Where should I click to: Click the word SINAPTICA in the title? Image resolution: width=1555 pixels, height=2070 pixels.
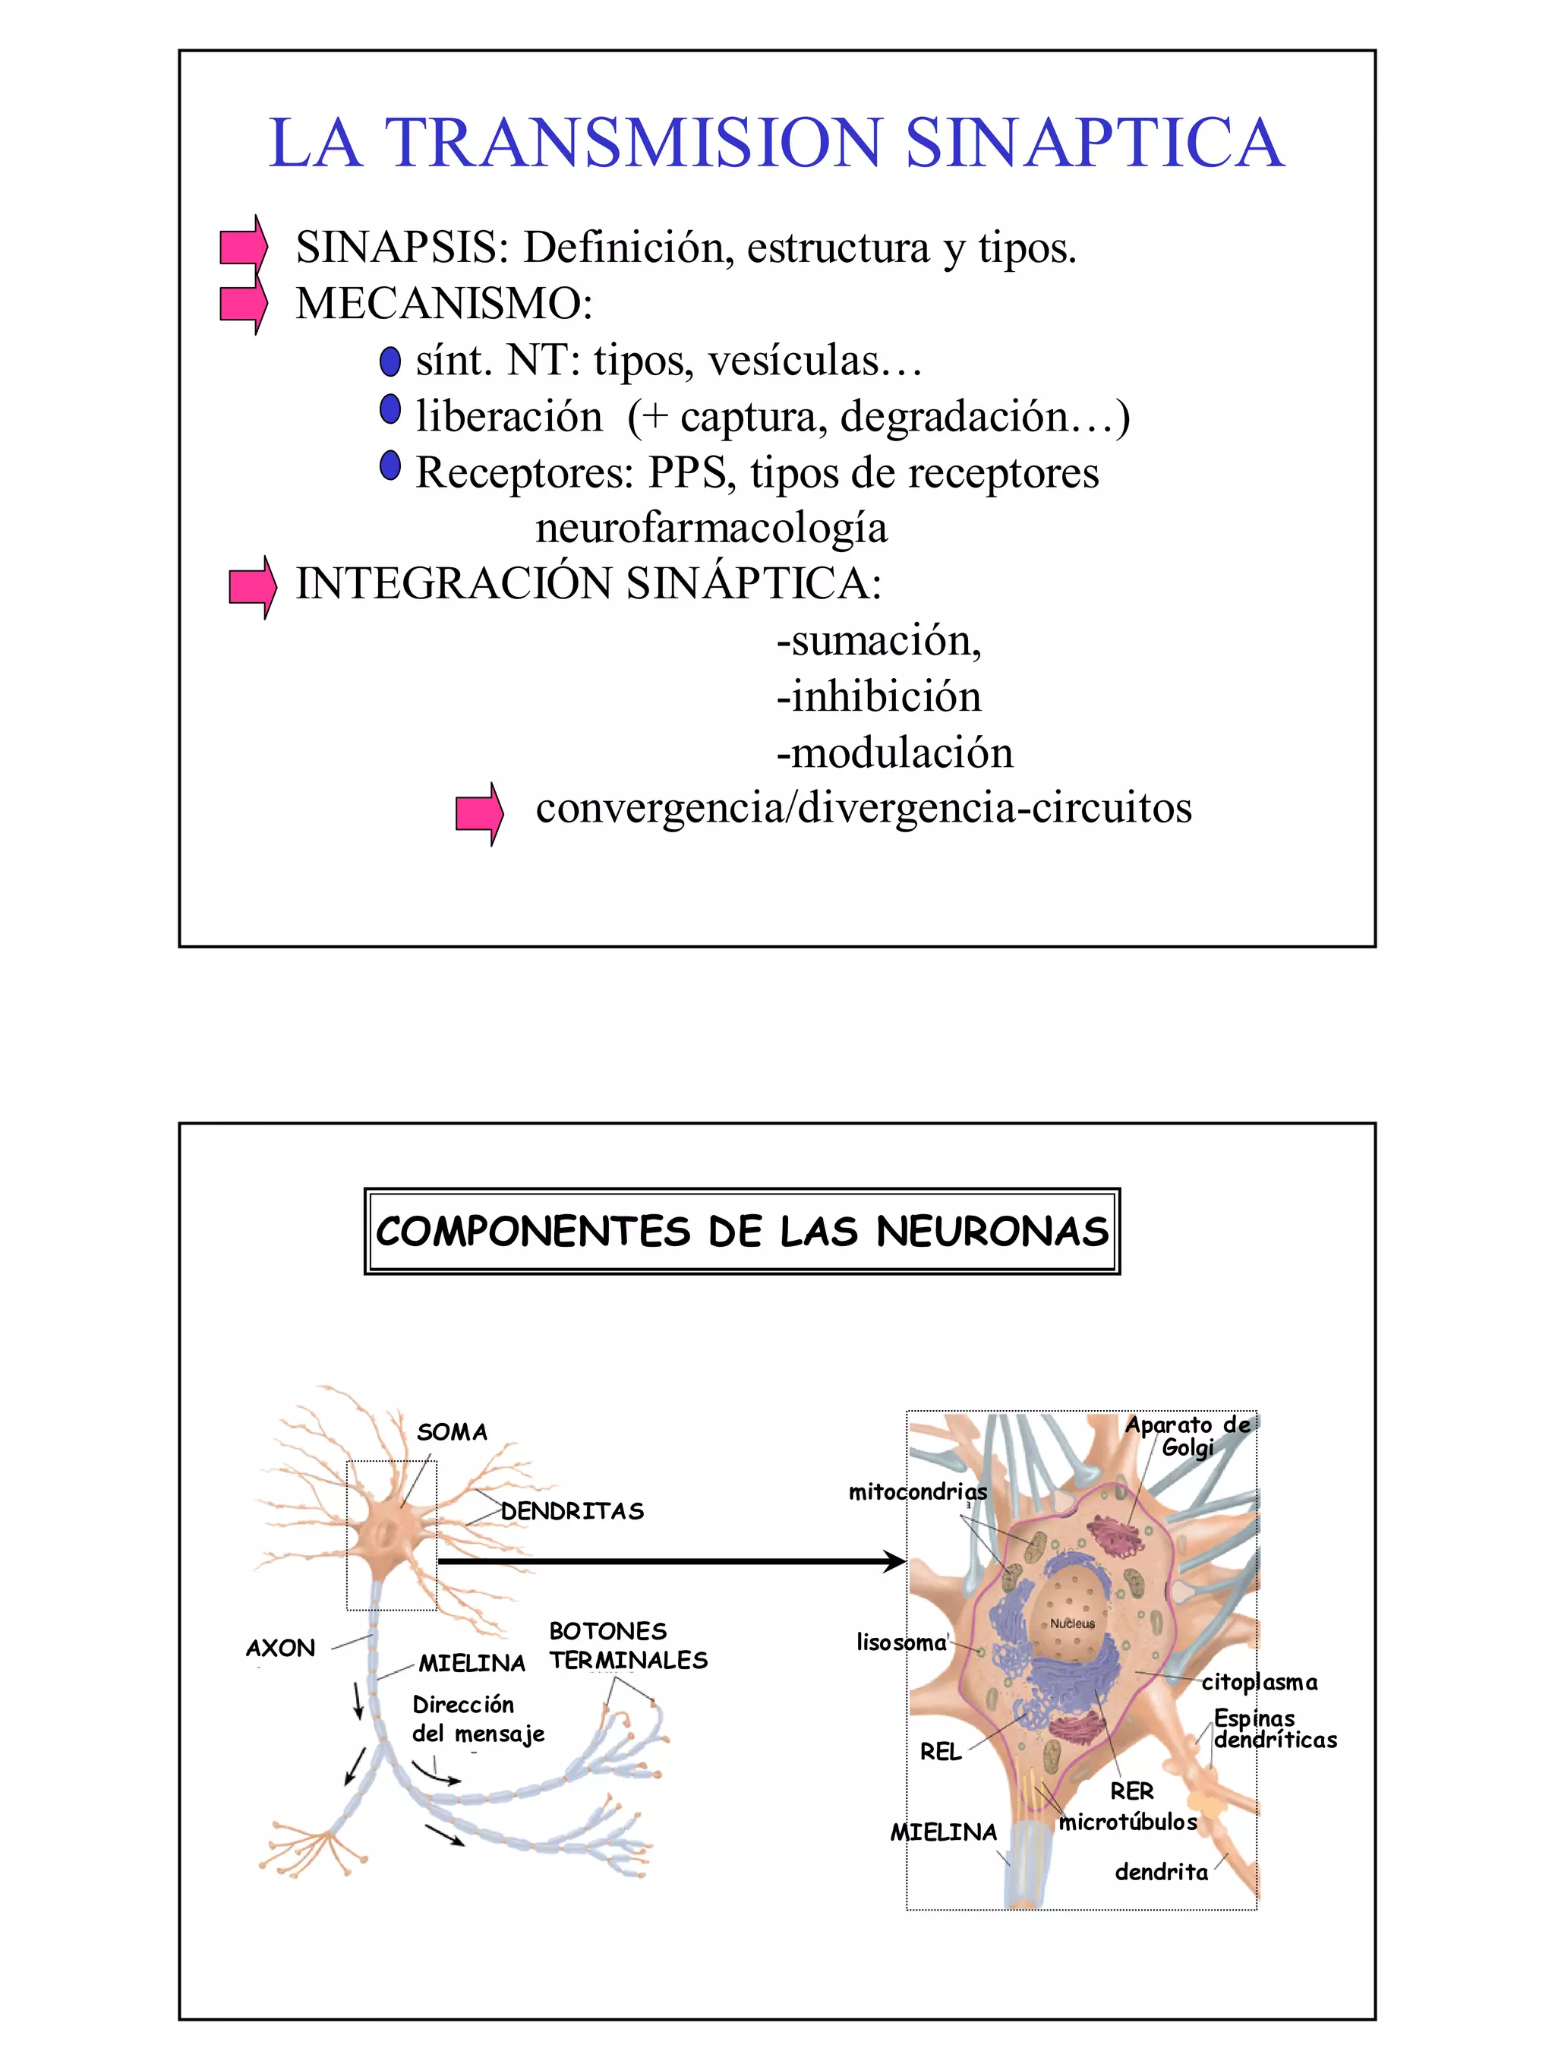[1094, 144]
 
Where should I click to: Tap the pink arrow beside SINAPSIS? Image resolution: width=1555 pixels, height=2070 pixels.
[243, 247]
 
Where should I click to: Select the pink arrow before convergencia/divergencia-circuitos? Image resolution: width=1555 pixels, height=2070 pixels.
[479, 813]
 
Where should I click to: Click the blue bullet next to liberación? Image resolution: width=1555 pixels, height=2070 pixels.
[390, 409]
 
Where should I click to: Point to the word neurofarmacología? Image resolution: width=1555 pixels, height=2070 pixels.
[711, 529]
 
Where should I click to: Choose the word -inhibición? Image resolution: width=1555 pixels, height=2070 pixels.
[878, 697]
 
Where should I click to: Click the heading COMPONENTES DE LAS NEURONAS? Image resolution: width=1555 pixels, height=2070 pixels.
[742, 1232]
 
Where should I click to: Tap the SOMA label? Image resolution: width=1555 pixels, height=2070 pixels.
[452, 1433]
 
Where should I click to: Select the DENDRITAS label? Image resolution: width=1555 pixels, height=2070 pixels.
[572, 1511]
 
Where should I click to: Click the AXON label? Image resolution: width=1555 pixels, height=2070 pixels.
[281, 1648]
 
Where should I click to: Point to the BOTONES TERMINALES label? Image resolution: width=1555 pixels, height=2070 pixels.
[627, 1646]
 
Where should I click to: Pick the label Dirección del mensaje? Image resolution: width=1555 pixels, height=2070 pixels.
[477, 1719]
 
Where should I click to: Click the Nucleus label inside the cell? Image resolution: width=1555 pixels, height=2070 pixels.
[1072, 1623]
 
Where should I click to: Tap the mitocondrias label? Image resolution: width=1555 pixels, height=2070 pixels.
[917, 1491]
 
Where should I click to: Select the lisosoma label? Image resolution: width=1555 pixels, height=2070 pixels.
[902, 1643]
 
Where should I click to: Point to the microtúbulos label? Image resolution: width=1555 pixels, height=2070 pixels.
[1128, 1822]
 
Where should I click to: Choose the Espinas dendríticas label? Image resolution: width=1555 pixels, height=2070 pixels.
[1274, 1729]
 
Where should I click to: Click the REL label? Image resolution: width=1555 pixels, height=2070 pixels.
[940, 1752]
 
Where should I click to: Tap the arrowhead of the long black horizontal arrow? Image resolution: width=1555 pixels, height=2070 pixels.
[895, 1561]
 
